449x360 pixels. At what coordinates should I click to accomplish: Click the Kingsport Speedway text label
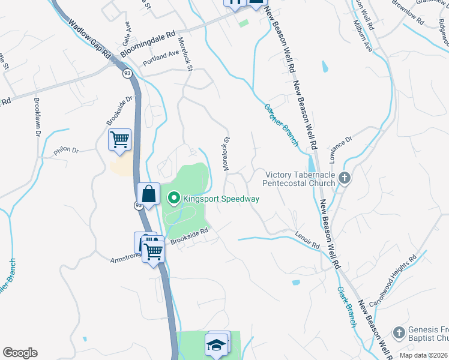click(221, 199)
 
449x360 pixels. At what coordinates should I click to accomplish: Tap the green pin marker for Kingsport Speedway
click(174, 197)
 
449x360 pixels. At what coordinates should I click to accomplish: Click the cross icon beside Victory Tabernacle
click(345, 178)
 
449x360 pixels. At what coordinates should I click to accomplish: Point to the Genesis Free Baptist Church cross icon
click(399, 332)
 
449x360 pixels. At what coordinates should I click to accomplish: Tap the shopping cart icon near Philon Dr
click(120, 140)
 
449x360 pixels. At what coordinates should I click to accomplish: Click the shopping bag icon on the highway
click(148, 194)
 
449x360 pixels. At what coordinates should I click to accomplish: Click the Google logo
click(20, 353)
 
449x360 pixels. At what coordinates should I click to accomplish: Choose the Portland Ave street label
click(161, 58)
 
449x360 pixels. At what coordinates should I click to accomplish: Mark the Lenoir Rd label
click(307, 239)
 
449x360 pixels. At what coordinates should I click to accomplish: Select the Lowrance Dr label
click(340, 148)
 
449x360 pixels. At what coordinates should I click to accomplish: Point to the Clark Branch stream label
click(348, 307)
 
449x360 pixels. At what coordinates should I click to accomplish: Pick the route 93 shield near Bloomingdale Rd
click(127, 73)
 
